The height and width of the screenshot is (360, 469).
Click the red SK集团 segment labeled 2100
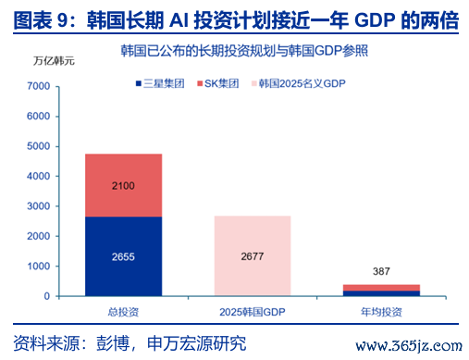click(123, 185)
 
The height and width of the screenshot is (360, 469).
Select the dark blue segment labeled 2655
click(123, 256)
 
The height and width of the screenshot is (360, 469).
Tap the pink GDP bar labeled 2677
click(253, 256)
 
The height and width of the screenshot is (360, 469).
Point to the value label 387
click(381, 271)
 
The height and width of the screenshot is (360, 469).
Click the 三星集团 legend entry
click(160, 83)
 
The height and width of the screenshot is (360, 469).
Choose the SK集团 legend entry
click(218, 83)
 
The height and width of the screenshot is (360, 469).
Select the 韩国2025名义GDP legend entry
click(299, 83)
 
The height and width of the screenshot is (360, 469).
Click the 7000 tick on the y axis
click(39, 86)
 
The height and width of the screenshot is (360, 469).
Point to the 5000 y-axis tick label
click(39, 146)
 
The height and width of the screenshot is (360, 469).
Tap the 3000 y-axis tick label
click(39, 206)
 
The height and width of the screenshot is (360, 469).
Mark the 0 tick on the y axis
click(47, 296)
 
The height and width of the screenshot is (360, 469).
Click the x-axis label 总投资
click(123, 312)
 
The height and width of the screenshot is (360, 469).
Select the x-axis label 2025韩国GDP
click(253, 312)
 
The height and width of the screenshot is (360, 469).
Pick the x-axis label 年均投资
click(381, 312)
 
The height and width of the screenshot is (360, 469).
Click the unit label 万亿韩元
click(54, 61)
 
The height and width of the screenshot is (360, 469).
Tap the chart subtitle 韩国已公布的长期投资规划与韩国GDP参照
click(244, 51)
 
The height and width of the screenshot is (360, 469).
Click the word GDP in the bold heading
click(375, 20)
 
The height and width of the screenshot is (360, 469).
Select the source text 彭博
click(113, 342)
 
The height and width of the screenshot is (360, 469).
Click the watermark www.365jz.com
click(409, 346)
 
